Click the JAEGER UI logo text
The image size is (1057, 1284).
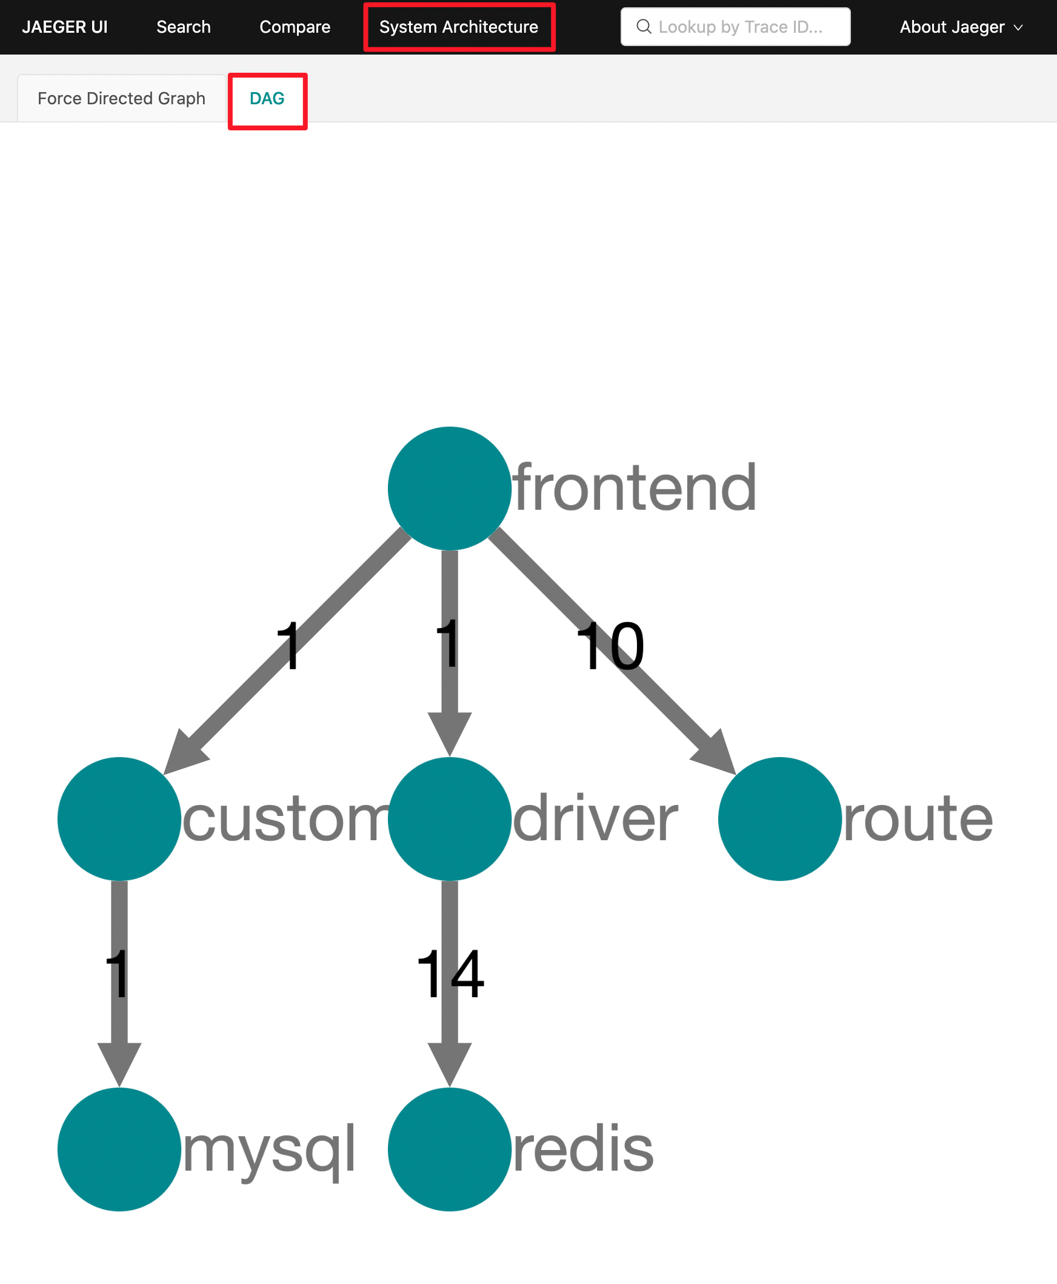click(64, 27)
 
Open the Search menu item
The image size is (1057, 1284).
click(183, 27)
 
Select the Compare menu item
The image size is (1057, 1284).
click(295, 27)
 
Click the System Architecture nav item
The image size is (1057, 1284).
click(458, 27)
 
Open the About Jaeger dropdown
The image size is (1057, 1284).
click(960, 27)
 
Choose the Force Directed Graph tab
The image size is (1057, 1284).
click(121, 98)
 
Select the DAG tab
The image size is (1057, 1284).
click(267, 98)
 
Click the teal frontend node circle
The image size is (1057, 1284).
click(449, 488)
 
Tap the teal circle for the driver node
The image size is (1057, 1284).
click(449, 818)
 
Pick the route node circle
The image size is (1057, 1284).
click(779, 818)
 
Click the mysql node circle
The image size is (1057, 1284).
click(119, 1148)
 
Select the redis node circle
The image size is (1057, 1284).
click(449, 1148)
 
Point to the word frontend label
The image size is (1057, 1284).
click(635, 487)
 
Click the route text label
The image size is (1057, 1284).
click(918, 818)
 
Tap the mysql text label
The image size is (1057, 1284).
click(268, 1149)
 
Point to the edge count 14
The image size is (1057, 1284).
click(450, 975)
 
